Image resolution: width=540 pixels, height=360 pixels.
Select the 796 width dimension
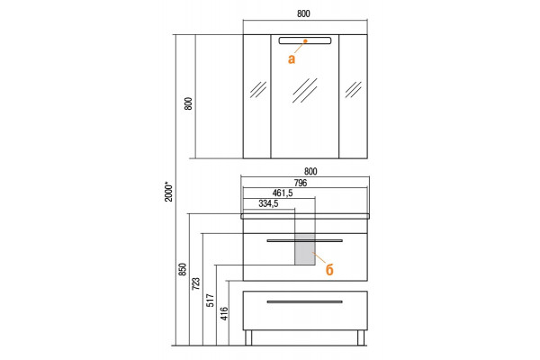[301, 183]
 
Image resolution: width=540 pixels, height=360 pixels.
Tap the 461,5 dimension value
[283, 193]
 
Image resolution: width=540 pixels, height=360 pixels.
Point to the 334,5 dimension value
[268, 203]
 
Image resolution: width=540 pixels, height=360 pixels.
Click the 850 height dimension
[183, 269]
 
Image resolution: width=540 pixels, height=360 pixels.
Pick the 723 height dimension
[195, 283]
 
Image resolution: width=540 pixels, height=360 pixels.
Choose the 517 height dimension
[210, 301]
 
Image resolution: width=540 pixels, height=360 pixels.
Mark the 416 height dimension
[224, 314]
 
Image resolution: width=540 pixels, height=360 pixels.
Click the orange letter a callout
[292, 59]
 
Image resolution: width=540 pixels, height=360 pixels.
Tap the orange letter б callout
[329, 269]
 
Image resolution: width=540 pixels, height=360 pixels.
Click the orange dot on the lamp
[305, 41]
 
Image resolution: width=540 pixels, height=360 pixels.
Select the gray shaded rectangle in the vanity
[305, 250]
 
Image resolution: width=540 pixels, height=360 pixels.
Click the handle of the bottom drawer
[305, 301]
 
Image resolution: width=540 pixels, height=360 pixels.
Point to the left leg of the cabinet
[248, 337]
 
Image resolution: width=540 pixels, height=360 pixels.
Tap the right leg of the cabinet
[361, 337]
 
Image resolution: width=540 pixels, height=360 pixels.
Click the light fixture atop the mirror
[305, 41]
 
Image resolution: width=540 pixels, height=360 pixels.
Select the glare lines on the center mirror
[305, 90]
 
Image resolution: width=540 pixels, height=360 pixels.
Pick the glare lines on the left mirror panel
[258, 90]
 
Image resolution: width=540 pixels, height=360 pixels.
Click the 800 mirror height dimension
[188, 103]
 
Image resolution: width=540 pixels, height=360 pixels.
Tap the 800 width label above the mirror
[303, 13]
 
